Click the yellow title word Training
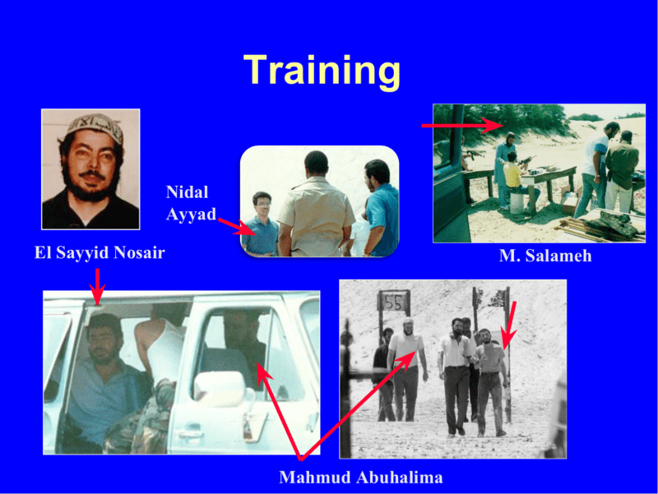click(x=322, y=72)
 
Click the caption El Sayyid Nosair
click(x=100, y=252)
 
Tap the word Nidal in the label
click(x=188, y=192)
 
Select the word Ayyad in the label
click(x=191, y=215)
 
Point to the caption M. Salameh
click(x=545, y=256)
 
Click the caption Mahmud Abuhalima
click(x=361, y=478)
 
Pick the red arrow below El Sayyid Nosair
click(x=97, y=287)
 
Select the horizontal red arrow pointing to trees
click(x=462, y=125)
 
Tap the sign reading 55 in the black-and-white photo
click(x=394, y=302)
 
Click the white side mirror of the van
click(x=219, y=389)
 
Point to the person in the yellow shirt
click(x=512, y=176)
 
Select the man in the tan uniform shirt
click(x=317, y=204)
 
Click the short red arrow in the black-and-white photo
click(x=509, y=325)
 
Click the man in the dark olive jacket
click(x=620, y=172)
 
